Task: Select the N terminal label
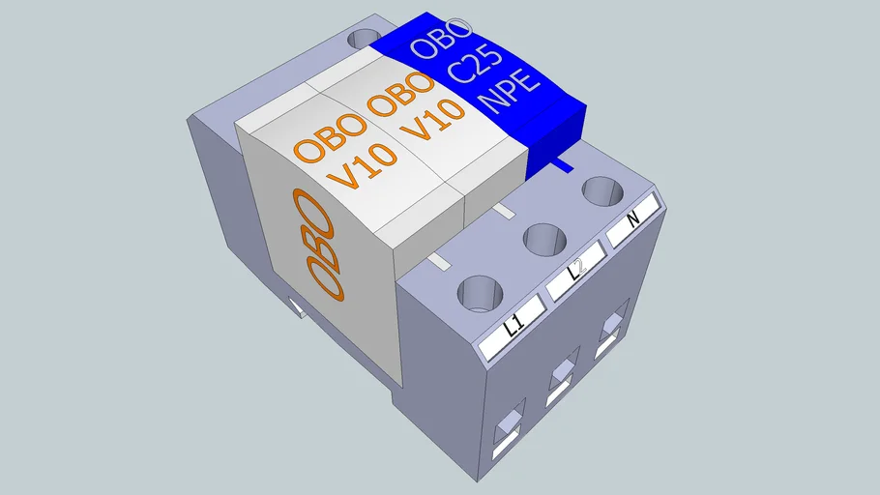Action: pos(632,219)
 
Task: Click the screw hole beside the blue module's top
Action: pos(365,39)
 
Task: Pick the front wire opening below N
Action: pos(611,331)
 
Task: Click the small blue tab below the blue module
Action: pos(558,164)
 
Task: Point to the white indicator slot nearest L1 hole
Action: pos(440,262)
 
